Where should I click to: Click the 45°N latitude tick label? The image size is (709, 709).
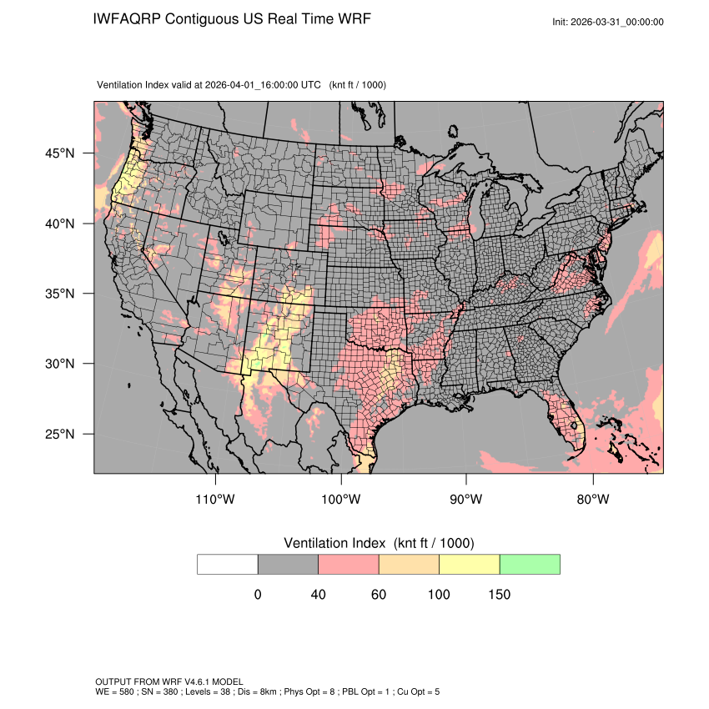pos(59,153)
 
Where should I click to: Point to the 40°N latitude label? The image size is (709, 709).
pos(59,224)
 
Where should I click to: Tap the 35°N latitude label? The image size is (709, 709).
pos(59,294)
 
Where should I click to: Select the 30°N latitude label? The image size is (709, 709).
pos(59,364)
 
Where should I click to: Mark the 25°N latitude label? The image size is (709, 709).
pos(59,434)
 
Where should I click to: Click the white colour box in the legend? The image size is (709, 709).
pos(228,564)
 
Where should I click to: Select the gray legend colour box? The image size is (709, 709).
pos(288,564)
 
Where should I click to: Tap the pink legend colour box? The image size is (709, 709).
pos(349,564)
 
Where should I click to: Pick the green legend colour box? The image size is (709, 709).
pos(530,564)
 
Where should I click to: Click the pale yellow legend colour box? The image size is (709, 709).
pos(469,564)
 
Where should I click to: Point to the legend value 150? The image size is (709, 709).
pos(500,595)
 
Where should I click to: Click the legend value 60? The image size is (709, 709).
pos(379,595)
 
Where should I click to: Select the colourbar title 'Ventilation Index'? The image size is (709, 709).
pos(337,543)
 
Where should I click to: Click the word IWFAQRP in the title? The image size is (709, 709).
pos(128,18)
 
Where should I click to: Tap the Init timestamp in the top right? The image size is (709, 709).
pos(608,22)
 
